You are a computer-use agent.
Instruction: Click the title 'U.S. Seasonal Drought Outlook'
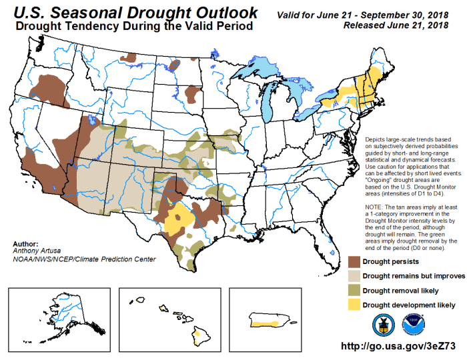pos(134,13)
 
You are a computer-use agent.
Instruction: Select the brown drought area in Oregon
pos(49,87)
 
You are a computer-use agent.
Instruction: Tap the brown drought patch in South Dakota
pos(194,94)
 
